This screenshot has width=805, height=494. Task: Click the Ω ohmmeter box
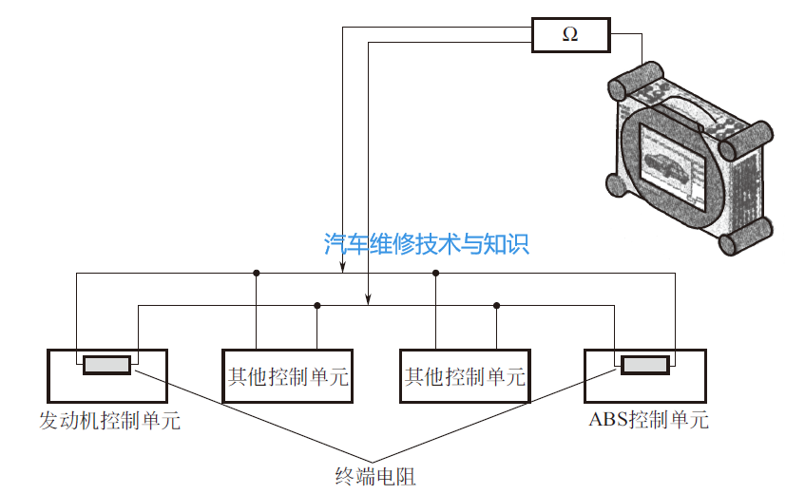coord(569,35)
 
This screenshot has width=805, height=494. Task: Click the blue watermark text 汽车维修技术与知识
coord(426,244)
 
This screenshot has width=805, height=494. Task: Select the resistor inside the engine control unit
coord(106,365)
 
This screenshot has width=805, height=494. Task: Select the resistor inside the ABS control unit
coord(644,365)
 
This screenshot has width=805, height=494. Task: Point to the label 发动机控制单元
coord(109,420)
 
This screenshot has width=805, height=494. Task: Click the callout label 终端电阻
coord(375,475)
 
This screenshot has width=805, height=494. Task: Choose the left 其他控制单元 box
coord(286,376)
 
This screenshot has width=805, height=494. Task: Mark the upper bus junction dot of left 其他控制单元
coord(257,274)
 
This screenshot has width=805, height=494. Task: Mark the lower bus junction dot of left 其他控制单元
coord(317,305)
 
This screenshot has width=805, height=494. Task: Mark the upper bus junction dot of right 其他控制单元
coord(435,274)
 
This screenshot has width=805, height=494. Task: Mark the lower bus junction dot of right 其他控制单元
coord(496,305)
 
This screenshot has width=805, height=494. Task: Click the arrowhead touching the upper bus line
coord(343,268)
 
